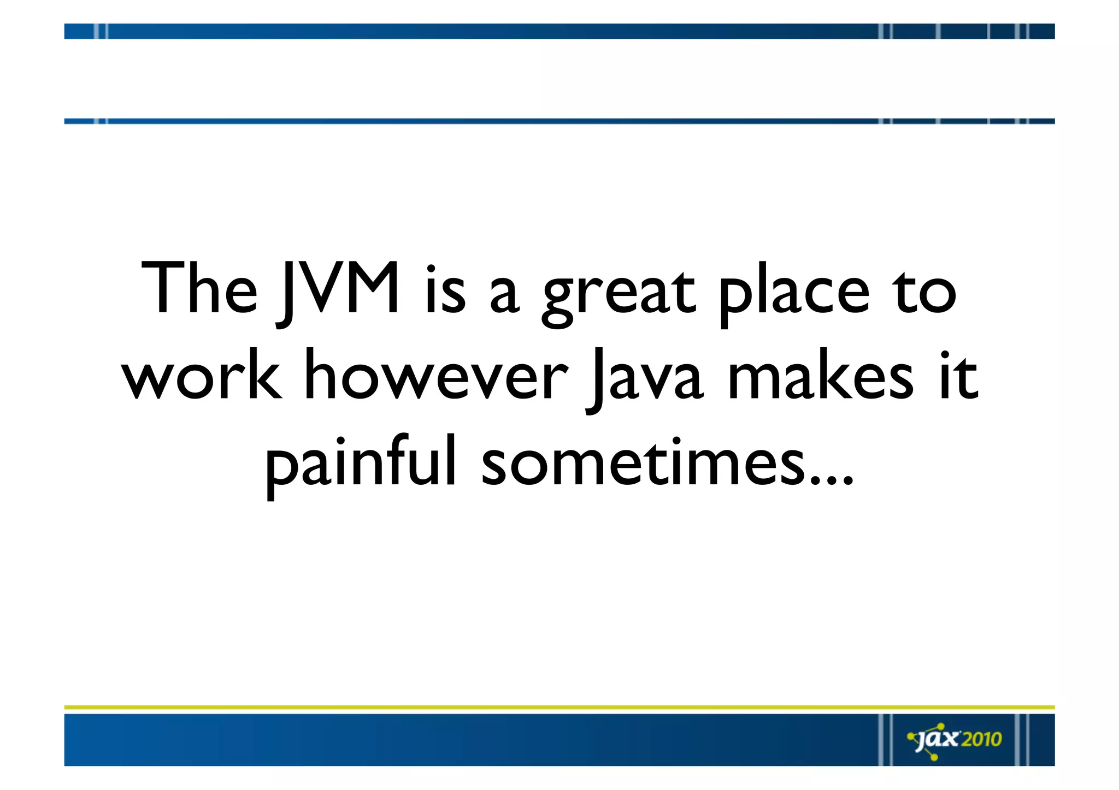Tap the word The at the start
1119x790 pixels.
click(199, 288)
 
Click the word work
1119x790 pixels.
click(202, 376)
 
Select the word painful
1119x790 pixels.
click(361, 464)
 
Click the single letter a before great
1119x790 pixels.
click(504, 295)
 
